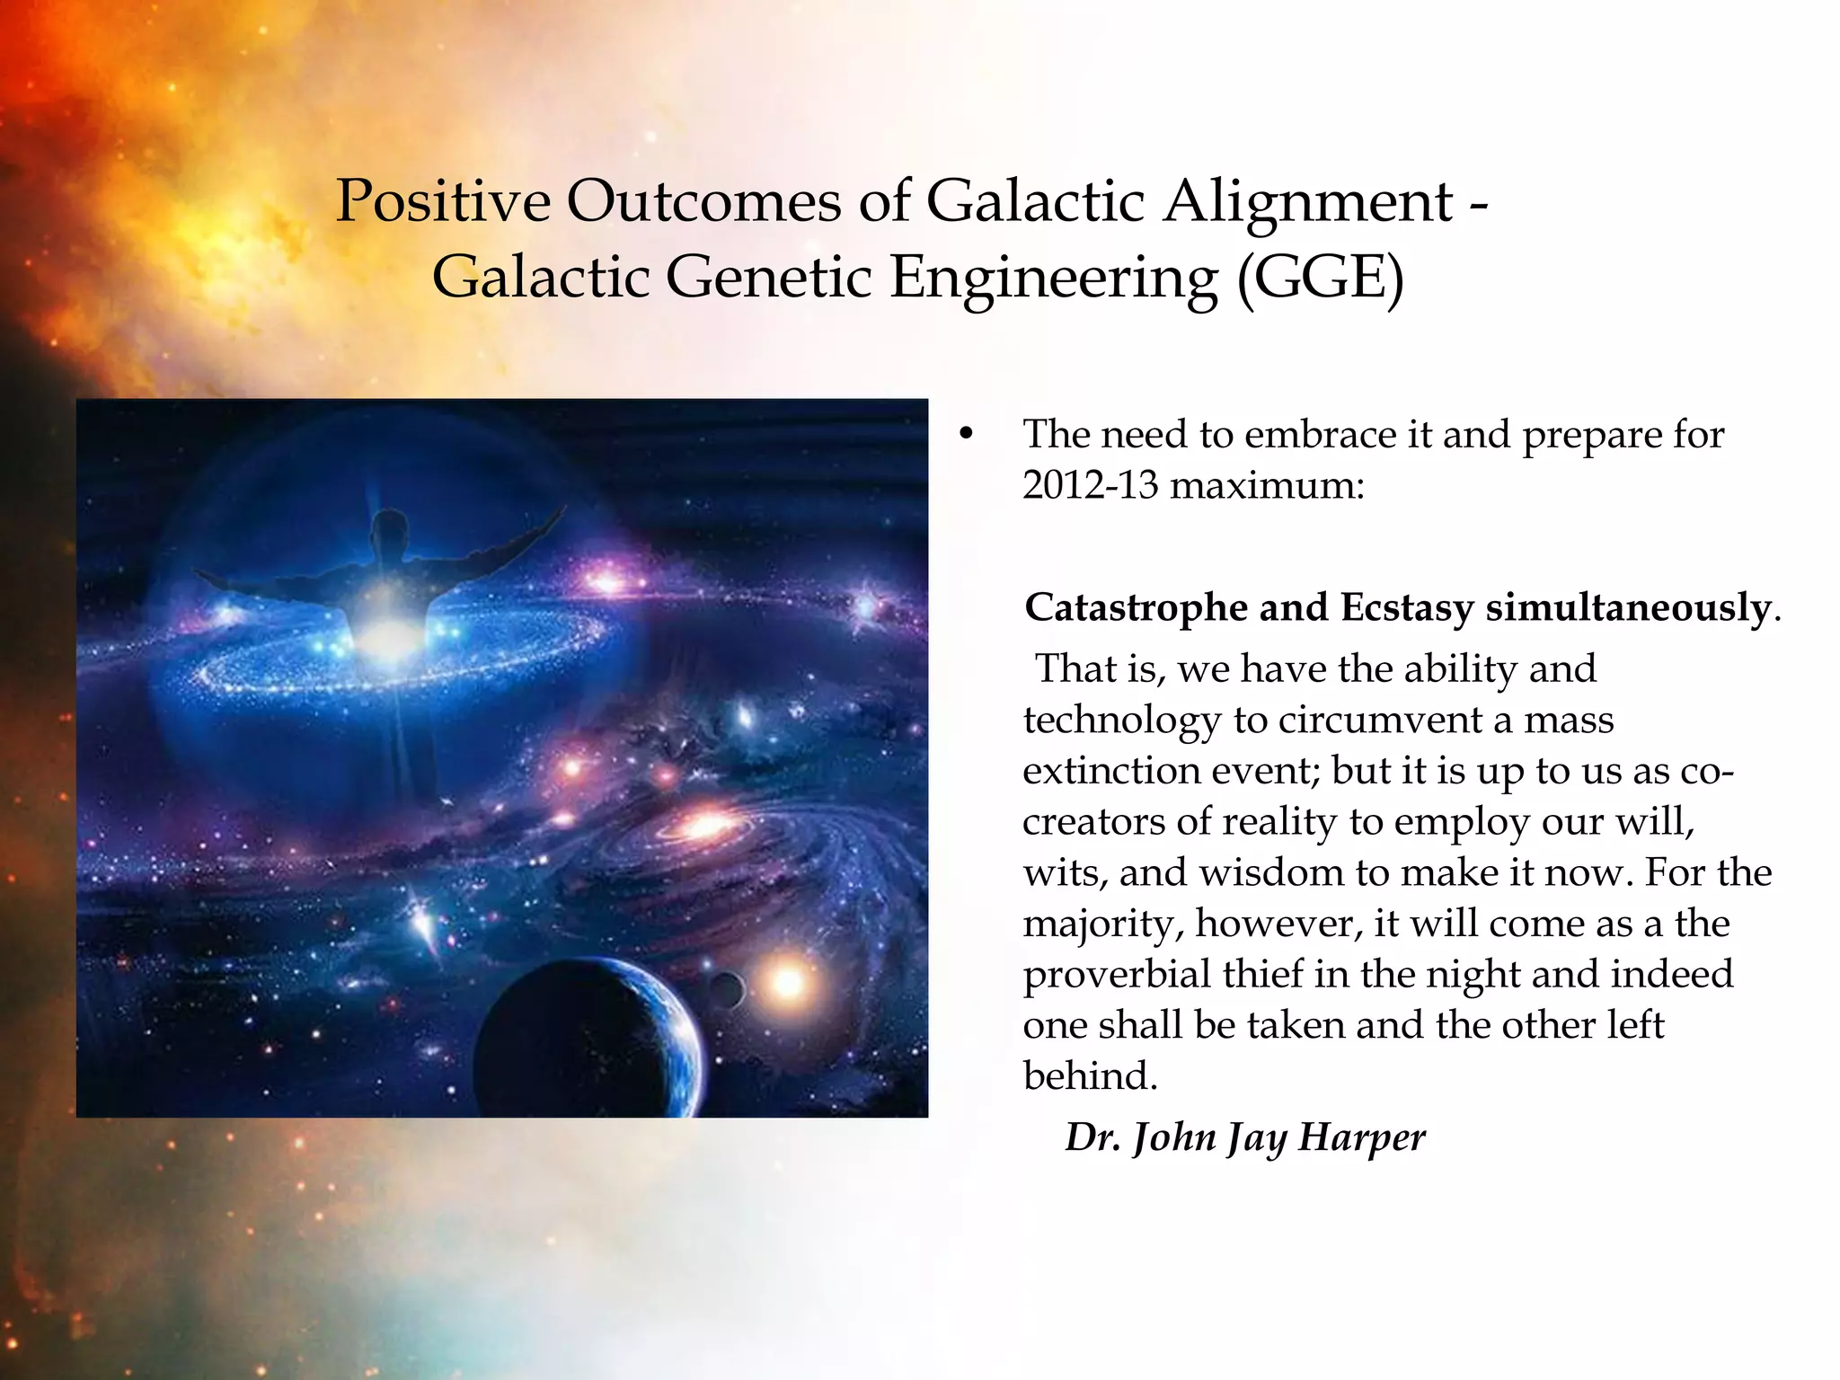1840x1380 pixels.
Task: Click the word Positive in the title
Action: pyautogui.click(x=442, y=201)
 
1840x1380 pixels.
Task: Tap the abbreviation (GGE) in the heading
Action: pyautogui.click(x=1320, y=279)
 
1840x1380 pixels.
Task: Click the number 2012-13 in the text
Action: pyautogui.click(x=1090, y=486)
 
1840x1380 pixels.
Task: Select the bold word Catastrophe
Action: pyautogui.click(x=1136, y=608)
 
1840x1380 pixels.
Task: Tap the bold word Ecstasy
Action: pyautogui.click(x=1407, y=608)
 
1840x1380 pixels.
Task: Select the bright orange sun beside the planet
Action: pyautogui.click(x=788, y=982)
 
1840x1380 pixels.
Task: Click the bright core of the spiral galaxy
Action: pyautogui.click(x=703, y=824)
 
